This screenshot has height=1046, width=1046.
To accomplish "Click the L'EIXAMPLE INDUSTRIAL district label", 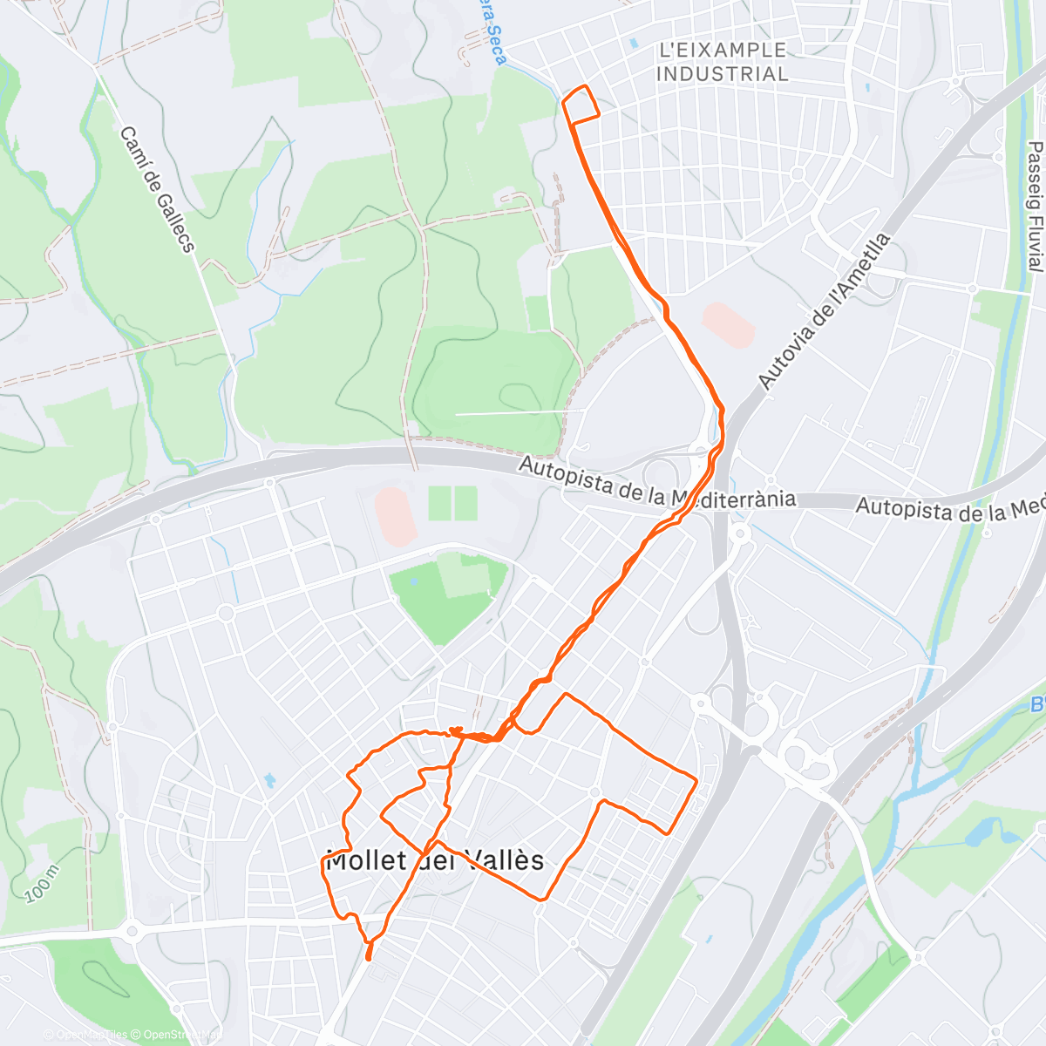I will coord(722,62).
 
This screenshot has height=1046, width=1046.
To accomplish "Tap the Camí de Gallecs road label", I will coord(157,189).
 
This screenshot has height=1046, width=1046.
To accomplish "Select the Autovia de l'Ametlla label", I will coord(824,310).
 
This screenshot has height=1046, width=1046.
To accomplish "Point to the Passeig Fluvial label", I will coord(1035,207).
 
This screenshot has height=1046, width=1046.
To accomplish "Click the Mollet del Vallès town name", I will coord(434,861).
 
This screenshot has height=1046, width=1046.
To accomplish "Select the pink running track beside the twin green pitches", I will coord(393,515).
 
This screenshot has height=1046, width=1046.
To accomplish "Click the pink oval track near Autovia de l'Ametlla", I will coord(728,325).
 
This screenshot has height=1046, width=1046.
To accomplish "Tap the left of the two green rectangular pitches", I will coord(440,503).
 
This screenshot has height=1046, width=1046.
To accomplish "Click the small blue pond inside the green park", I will coord(413,579).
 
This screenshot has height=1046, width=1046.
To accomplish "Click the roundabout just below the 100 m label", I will coord(132,932).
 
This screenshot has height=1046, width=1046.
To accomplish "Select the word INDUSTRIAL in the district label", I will coord(722,74).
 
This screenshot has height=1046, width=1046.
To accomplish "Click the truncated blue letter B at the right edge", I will coord(1037,704).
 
